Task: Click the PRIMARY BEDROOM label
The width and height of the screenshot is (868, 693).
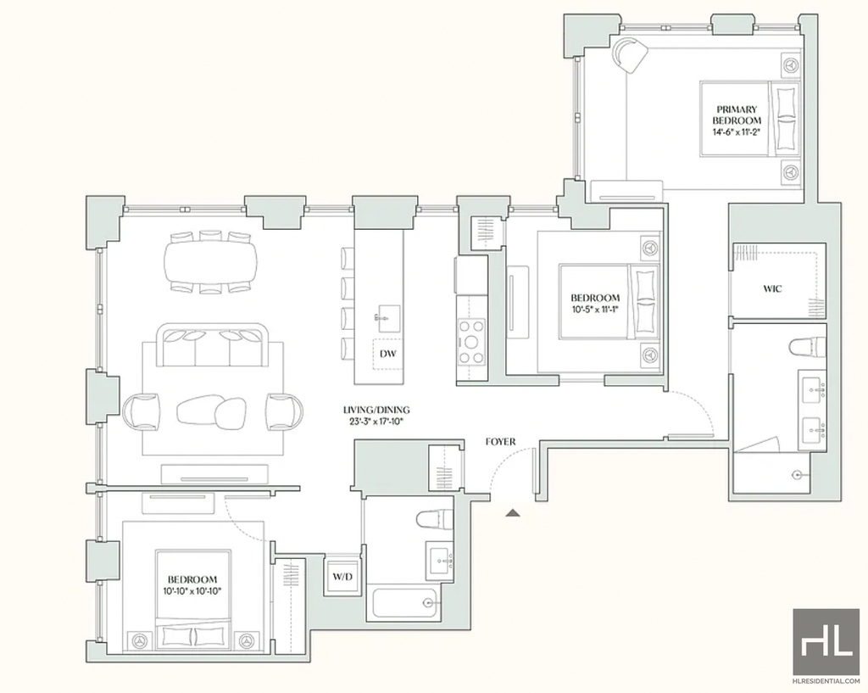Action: point(737,115)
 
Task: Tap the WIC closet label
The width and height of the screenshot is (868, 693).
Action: point(772,288)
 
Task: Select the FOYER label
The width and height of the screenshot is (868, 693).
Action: point(500,442)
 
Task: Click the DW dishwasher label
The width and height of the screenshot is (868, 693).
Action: point(388,353)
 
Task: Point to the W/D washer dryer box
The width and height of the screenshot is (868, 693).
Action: point(342,577)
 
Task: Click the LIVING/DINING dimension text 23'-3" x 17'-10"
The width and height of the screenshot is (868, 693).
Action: point(376,421)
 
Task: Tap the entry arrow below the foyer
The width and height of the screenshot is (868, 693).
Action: point(513,513)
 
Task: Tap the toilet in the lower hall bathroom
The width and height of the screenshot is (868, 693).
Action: point(434,521)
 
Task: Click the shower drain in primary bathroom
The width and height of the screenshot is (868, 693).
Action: point(797,474)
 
